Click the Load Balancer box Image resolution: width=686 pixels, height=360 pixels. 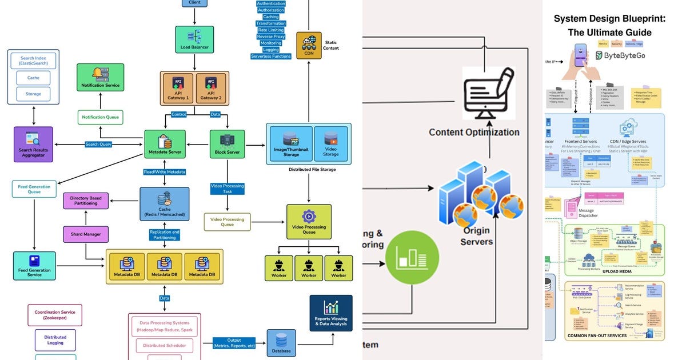(x=194, y=39)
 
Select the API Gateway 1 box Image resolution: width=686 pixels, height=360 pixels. (x=178, y=88)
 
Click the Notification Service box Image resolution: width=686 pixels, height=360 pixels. (x=100, y=77)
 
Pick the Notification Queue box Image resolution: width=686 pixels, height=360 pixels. (x=100, y=117)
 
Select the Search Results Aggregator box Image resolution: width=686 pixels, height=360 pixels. (x=33, y=143)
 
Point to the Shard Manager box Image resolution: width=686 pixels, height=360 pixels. (x=86, y=234)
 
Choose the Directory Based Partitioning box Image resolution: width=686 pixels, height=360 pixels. (x=86, y=201)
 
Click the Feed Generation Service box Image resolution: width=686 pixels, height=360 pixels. (x=34, y=266)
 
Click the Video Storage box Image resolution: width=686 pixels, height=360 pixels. (x=330, y=142)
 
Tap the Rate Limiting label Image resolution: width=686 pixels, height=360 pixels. (x=271, y=30)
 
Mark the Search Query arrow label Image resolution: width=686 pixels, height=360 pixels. (x=98, y=145)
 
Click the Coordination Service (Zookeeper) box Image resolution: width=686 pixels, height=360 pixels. (x=55, y=315)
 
